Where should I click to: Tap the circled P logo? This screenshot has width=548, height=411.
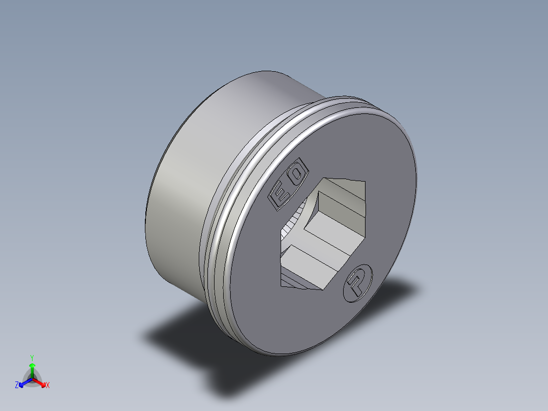pos(358,282)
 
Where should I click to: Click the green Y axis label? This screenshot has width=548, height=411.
pos(32,358)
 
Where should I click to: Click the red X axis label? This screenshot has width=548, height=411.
pos(48,386)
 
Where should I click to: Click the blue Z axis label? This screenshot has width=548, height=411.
pos(17,386)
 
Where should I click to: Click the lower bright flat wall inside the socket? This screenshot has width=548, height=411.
pos(305,259)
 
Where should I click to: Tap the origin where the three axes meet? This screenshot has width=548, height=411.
pos(32,379)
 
